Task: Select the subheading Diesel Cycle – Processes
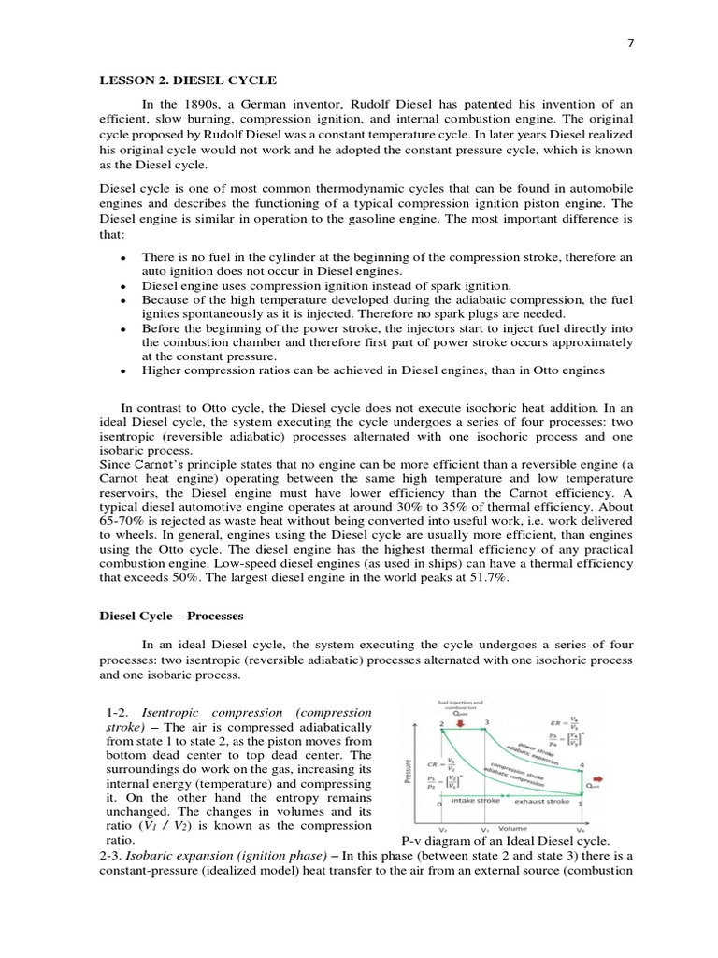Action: [171, 617]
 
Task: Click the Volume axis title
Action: [511, 828]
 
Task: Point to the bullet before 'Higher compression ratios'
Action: [124, 371]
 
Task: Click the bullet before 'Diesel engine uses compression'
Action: [124, 285]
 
